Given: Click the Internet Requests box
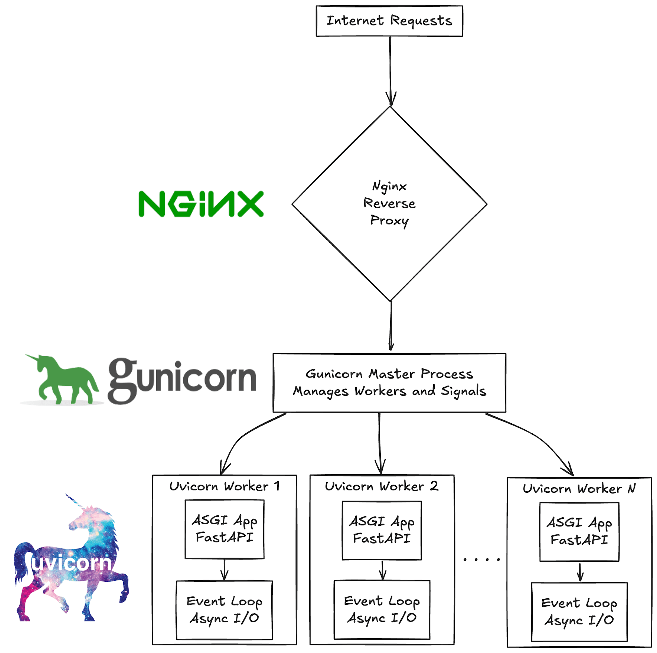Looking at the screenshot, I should coord(389,21).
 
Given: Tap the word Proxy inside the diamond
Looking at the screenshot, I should coord(389,220).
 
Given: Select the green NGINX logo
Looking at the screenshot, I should coord(201,204).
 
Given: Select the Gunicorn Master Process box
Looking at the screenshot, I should coord(389,383).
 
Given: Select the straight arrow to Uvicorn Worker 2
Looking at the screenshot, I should coord(380,443).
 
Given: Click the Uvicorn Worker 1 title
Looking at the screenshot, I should coord(224,486).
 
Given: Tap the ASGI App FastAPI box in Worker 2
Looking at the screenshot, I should coord(382,530).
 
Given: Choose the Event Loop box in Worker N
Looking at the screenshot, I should coord(579,611).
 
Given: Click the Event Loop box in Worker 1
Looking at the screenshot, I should coord(224,610).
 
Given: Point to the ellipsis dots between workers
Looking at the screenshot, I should coord(481,559).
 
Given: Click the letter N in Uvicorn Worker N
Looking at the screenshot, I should coord(632,488).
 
